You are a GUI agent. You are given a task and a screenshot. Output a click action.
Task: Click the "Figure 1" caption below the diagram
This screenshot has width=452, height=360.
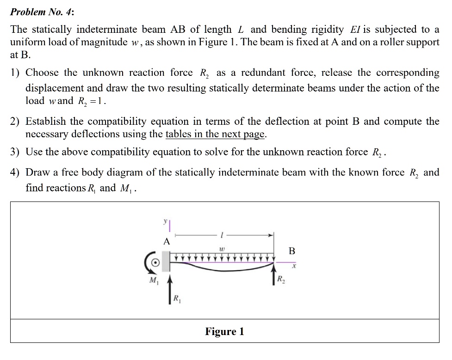(x=224, y=331)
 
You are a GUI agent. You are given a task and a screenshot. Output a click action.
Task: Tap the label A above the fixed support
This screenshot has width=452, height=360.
(x=167, y=241)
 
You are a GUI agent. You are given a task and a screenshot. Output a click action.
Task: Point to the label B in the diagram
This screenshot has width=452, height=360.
(x=291, y=251)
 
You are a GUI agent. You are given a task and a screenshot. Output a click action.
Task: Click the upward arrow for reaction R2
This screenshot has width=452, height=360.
(x=274, y=275)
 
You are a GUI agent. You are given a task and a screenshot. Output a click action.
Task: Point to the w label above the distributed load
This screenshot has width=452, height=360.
(x=222, y=248)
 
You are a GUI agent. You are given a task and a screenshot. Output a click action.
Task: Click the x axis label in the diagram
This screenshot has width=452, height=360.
(x=293, y=267)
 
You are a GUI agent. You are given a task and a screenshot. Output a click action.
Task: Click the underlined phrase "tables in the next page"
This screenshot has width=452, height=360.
(x=216, y=134)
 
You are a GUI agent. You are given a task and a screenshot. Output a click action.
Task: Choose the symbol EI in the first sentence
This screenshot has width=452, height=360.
(x=355, y=30)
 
